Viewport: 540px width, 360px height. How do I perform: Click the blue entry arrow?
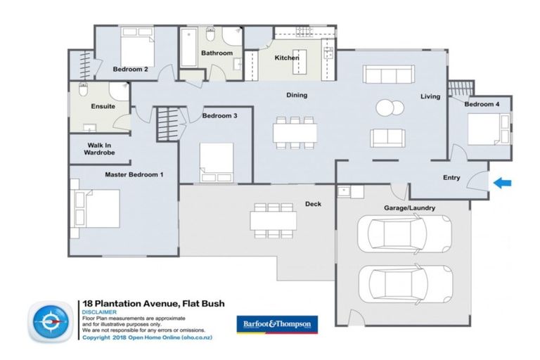click(x=502, y=184)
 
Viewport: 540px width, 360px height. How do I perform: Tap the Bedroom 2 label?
click(x=130, y=70)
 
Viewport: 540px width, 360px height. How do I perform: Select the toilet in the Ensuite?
click(x=83, y=91)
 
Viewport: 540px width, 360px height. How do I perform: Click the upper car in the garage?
click(x=404, y=233)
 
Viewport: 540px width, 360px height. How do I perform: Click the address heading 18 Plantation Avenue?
click(x=144, y=304)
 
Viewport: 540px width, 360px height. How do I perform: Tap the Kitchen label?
click(x=287, y=58)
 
